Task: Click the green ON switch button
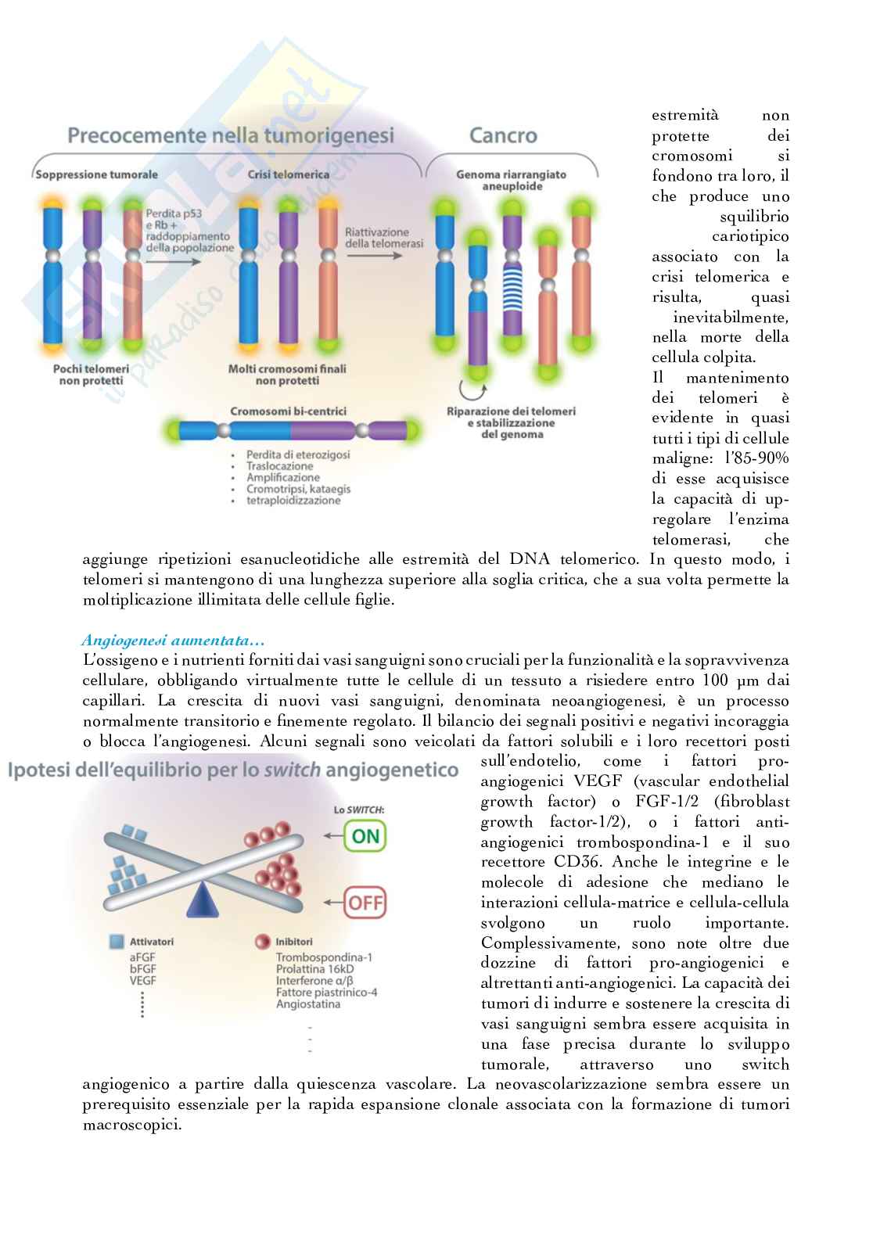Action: point(365,836)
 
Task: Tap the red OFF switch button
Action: point(365,903)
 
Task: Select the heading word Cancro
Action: point(503,135)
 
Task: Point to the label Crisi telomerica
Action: point(289,174)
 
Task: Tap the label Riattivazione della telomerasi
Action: point(383,238)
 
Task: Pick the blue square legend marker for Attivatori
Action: point(117,942)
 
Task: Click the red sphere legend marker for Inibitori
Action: point(261,942)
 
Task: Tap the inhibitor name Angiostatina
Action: point(308,1003)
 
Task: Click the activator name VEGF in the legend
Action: point(143,980)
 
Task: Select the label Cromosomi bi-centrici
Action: point(289,411)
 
